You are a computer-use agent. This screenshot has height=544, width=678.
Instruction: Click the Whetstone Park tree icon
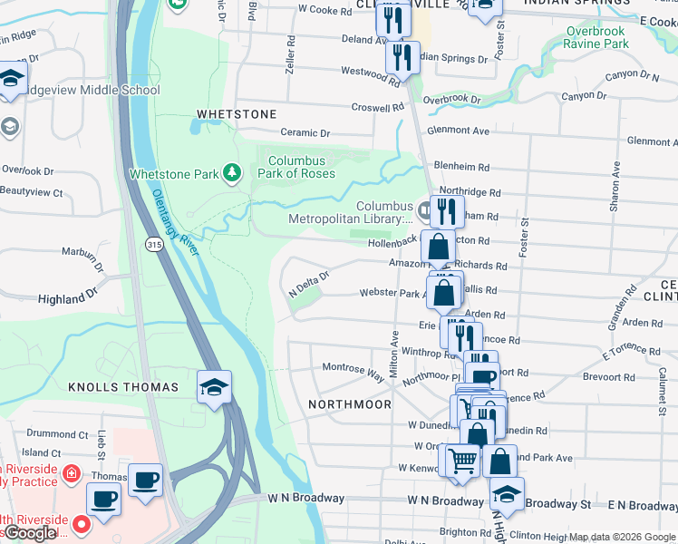pos(233,172)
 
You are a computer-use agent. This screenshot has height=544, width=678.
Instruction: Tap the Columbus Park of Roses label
pos(302,167)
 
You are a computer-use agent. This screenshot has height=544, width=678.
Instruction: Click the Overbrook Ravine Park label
pos(596,37)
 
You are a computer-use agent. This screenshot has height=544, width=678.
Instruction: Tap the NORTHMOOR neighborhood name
pos(349,403)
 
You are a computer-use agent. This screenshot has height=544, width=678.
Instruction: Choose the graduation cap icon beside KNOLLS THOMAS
pos(214,387)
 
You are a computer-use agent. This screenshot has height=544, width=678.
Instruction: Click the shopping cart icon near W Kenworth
pos(462,460)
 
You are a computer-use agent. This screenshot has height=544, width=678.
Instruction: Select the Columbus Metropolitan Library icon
pos(423,209)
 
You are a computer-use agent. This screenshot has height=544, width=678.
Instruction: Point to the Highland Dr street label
pos(67,297)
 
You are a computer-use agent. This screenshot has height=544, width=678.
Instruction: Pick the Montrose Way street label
pos(354,369)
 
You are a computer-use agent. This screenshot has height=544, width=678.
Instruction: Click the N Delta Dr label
pos(307,286)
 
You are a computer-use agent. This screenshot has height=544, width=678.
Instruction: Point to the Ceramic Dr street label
pos(305,133)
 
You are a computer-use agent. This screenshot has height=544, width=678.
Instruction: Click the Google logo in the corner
pos(31,533)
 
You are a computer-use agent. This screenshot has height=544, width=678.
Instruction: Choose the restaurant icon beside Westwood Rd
pos(402,58)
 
